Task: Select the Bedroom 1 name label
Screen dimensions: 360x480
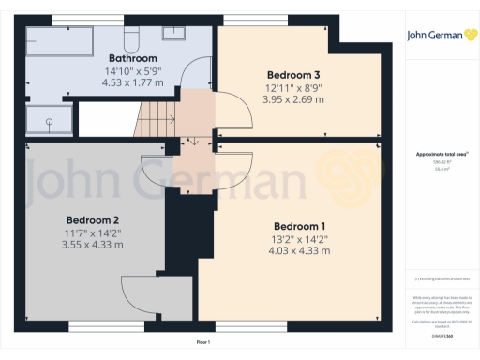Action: [x=299, y=226]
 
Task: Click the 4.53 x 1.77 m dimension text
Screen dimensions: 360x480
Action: [x=132, y=82]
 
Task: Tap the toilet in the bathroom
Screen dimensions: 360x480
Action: [x=134, y=34]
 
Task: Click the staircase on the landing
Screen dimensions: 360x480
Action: [x=157, y=116]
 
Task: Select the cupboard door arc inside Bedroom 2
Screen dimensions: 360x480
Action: [x=140, y=298]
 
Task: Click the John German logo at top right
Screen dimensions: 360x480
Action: [x=439, y=35]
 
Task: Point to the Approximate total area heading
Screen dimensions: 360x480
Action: [x=439, y=155]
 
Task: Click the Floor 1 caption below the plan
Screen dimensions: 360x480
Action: [x=202, y=344]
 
